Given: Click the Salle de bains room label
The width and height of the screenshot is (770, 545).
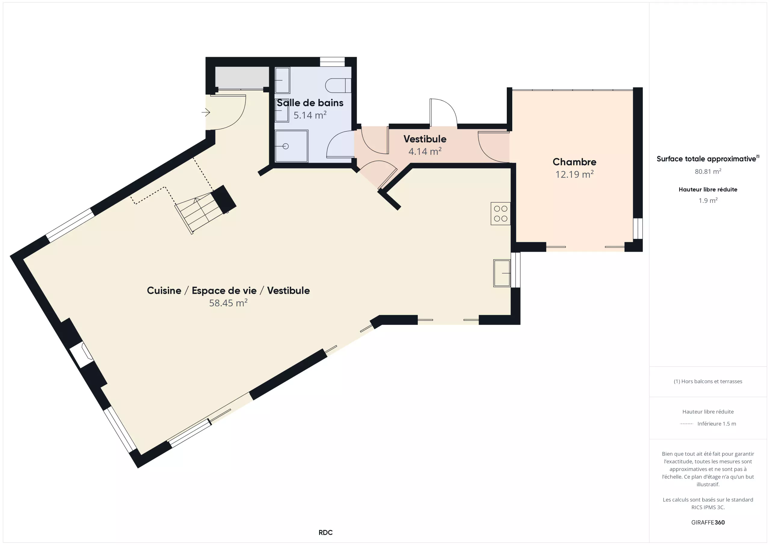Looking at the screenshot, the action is tap(310, 103).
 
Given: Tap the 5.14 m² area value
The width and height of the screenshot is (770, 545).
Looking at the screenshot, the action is tap(310, 115).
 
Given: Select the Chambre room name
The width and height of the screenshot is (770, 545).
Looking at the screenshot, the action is tap(574, 162).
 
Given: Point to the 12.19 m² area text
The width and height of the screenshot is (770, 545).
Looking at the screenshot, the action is tap(574, 174).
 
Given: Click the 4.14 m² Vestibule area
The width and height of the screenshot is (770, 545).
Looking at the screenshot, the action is tap(425, 151).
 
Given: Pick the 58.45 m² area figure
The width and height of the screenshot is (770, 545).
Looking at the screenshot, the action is tap(228, 303).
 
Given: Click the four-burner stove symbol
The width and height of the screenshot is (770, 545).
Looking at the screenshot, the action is tap(500, 213).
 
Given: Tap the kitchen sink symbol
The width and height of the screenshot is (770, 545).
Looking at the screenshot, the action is tap(502, 273).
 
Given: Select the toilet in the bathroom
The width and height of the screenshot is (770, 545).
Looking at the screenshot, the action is tap(338, 85).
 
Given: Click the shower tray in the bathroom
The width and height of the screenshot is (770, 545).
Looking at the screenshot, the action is tap(291, 146).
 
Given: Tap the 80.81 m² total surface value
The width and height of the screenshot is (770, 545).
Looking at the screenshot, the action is tap(708, 172).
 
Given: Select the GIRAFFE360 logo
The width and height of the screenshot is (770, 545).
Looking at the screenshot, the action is tap(708, 522).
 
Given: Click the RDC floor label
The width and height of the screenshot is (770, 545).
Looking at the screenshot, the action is tap(325, 533).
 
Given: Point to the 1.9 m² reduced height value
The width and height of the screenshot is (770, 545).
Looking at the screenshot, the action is tap(708, 200).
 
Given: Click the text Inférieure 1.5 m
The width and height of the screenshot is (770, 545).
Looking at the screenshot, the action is tap(717, 423).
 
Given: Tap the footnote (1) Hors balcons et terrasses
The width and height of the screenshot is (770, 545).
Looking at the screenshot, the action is tap(708, 381).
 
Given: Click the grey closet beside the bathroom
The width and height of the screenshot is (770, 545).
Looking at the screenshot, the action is tap(242, 78).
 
